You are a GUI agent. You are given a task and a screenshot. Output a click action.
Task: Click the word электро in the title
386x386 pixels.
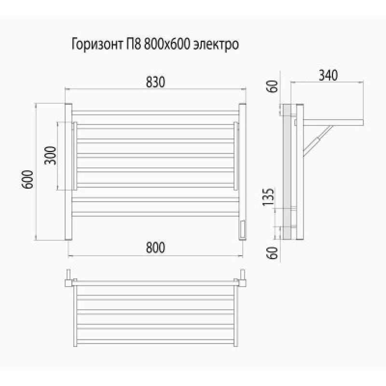coord(217,45)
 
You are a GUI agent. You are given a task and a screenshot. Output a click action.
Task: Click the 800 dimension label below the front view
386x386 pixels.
coord(155,247)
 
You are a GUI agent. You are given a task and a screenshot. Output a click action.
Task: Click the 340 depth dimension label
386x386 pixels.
coord(328,75)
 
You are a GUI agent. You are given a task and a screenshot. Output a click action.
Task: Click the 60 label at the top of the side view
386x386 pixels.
coord(273,88)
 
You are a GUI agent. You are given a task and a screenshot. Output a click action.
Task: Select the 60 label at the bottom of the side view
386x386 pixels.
coord(273,253)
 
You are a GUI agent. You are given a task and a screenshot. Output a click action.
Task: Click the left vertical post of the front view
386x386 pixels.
coord(69,171)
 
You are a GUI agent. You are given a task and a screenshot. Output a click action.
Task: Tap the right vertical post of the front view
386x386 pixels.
coord(243,171)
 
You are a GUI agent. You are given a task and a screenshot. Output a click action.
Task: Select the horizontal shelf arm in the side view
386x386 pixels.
coord(333,119)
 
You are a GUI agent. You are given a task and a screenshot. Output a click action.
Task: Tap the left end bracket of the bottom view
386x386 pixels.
coord(69,278)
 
